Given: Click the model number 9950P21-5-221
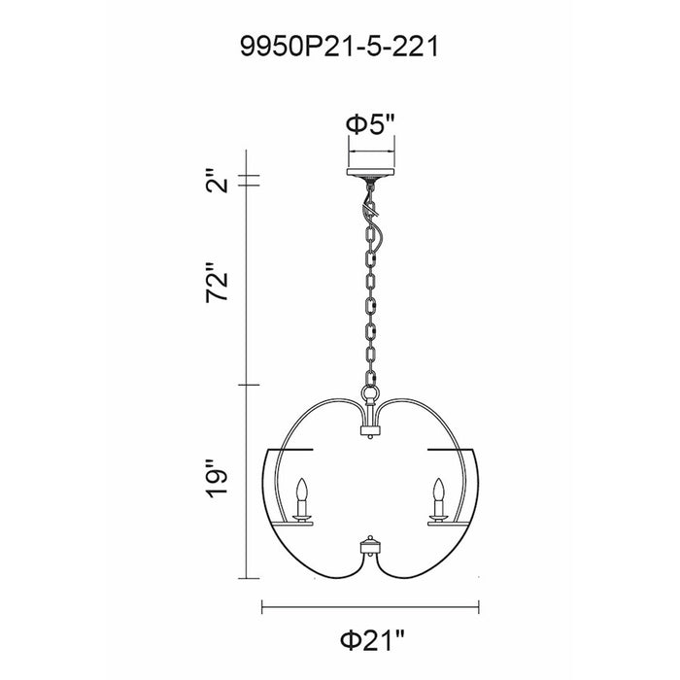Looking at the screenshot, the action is pyautogui.click(x=340, y=47).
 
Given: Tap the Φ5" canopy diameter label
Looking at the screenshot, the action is pyautogui.click(x=370, y=125).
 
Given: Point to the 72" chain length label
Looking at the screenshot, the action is pyautogui.click(x=217, y=282).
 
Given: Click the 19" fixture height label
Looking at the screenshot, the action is pyautogui.click(x=217, y=478).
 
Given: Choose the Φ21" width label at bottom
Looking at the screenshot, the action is pyautogui.click(x=372, y=639).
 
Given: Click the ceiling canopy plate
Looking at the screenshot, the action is pyautogui.click(x=370, y=172).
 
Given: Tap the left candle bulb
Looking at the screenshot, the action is pyautogui.click(x=302, y=490).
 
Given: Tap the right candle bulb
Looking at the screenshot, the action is pyautogui.click(x=439, y=490).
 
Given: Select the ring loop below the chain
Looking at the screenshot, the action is pyautogui.click(x=370, y=393).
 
